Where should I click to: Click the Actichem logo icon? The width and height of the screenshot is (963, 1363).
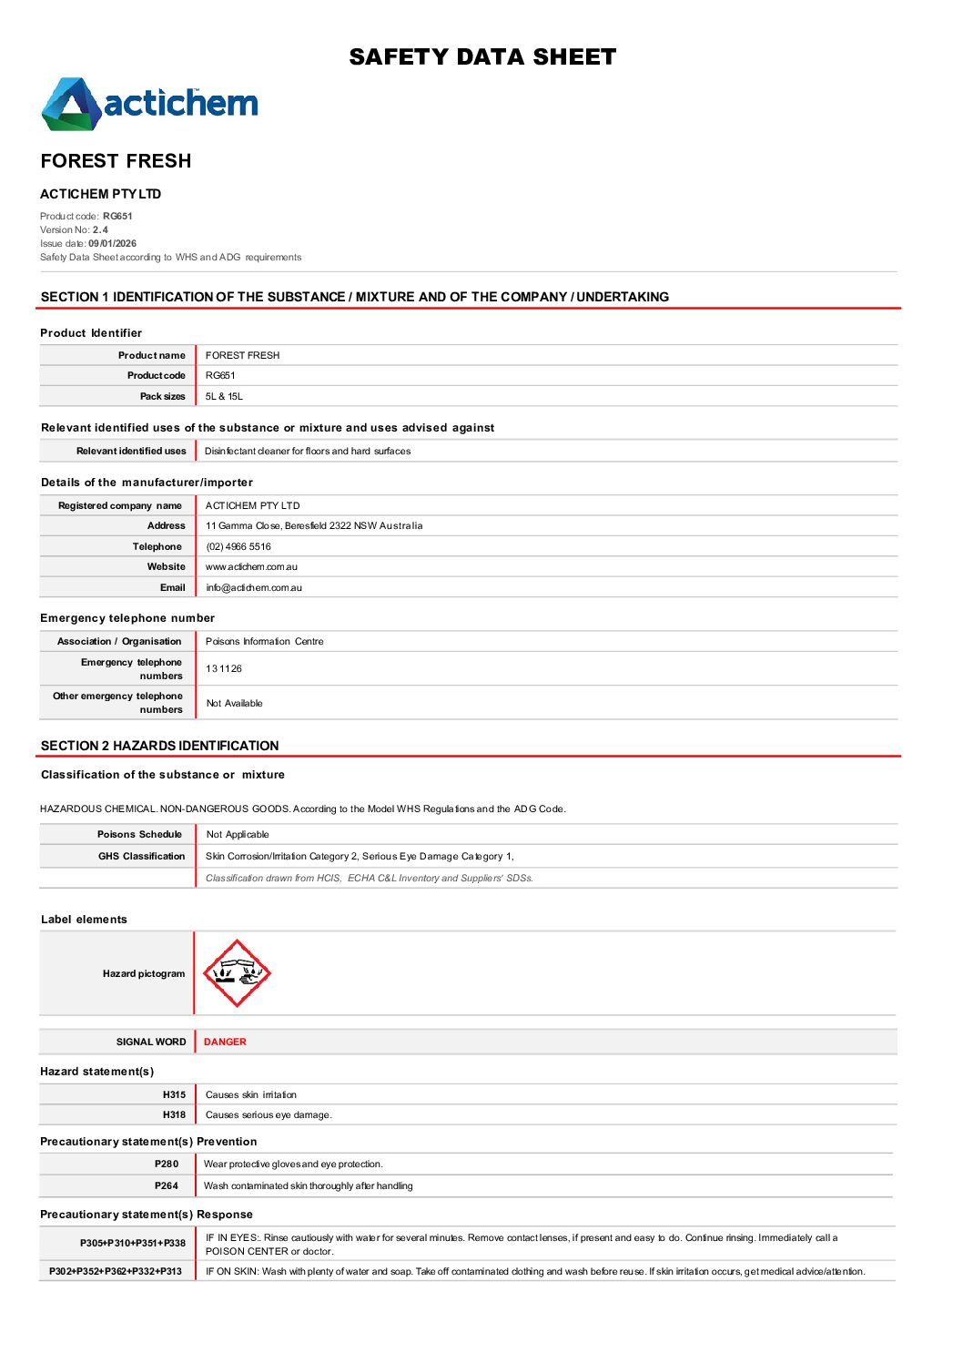coord(71,104)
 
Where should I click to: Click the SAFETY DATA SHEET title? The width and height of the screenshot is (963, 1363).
coord(482,57)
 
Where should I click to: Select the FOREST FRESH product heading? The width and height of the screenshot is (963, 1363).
coord(116,161)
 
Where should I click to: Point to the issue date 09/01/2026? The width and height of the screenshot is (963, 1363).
coord(112,244)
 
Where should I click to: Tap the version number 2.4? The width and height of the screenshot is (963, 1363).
coord(100,230)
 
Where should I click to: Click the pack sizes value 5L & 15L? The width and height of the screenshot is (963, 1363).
coord(224,397)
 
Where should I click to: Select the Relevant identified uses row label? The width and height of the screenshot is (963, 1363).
coord(131,452)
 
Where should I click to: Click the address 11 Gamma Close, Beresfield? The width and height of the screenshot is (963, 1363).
coord(314,526)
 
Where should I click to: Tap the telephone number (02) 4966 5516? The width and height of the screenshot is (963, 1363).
coord(238,547)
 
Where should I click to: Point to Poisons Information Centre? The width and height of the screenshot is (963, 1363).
coord(264,642)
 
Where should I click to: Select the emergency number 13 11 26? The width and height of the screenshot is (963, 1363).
coord(224,669)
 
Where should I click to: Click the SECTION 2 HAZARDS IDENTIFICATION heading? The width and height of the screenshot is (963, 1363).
coord(159,746)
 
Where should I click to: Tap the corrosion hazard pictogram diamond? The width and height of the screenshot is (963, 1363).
coord(237,973)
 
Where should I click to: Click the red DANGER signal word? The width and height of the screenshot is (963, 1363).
coord(225,1043)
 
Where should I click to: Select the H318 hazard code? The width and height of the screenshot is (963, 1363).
coord(174,1115)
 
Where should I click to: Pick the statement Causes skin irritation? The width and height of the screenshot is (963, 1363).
coord(251,1095)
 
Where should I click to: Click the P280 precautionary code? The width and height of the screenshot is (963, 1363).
coord(167,1165)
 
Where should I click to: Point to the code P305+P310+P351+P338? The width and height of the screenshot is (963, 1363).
coord(133,1244)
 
